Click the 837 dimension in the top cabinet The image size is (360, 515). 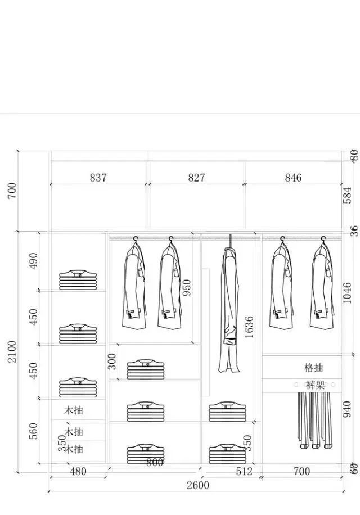98,178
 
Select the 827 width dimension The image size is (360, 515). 196,178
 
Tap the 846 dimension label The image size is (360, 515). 293,178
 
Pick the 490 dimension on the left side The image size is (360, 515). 34,261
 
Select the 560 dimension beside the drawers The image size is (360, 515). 34,431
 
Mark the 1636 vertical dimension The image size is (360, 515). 249,328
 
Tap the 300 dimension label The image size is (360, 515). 113,361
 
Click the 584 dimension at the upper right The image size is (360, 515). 346,195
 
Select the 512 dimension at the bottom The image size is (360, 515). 244,472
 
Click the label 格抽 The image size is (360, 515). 313,368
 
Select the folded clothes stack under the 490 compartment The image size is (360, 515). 78,279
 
